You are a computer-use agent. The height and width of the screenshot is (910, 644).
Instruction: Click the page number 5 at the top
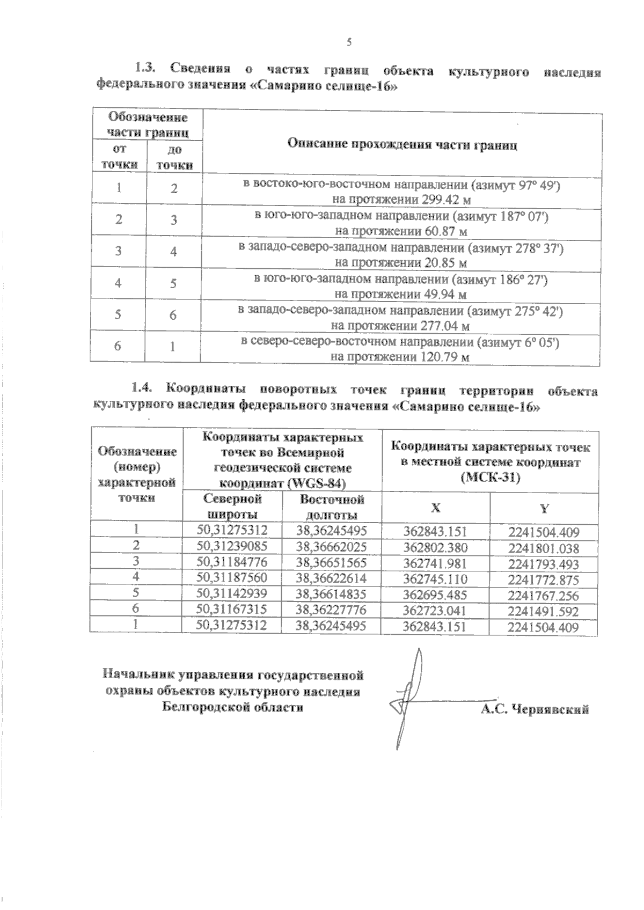click(349, 42)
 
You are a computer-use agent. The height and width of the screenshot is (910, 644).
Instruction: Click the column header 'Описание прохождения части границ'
click(402, 144)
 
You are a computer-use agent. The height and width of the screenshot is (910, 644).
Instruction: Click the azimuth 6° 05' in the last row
click(539, 342)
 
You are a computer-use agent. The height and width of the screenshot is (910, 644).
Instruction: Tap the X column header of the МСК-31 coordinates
click(435, 508)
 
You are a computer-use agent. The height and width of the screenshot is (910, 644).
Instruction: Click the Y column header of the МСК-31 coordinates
click(544, 508)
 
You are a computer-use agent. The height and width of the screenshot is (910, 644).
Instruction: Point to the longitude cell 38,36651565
click(331, 562)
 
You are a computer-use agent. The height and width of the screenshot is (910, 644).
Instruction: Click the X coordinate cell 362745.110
click(435, 579)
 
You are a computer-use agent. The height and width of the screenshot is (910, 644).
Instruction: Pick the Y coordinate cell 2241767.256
click(544, 596)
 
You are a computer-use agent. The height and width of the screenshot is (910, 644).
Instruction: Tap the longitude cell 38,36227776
click(331, 610)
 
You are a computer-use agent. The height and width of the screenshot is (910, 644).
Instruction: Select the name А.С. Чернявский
click(535, 709)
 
